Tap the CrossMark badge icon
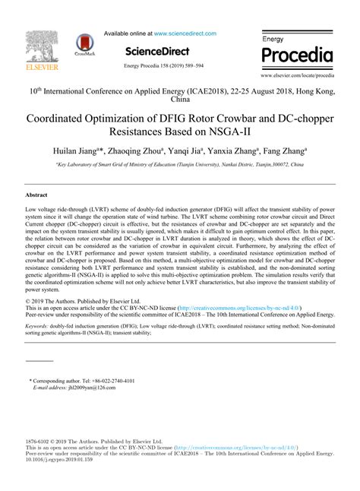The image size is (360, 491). coord(81,44)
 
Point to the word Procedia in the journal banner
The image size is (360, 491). coord(297,55)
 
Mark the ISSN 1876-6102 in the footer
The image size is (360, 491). coord(39,441)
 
